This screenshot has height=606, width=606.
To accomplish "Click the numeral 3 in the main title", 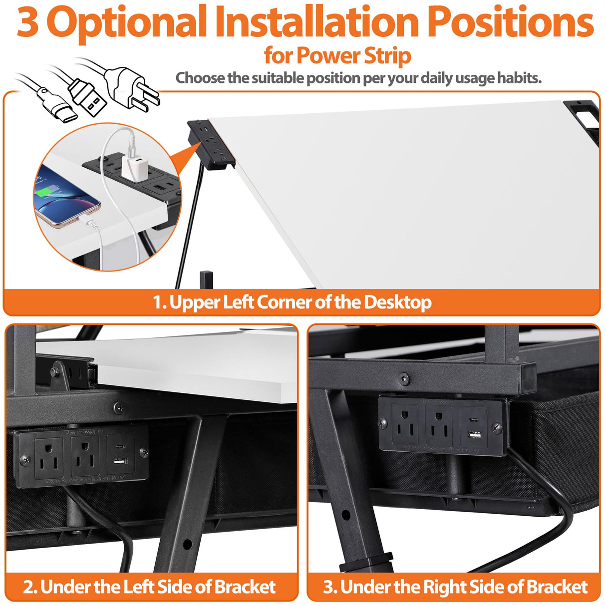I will (x=28, y=22).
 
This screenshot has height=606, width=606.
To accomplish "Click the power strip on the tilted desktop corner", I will (x=212, y=145).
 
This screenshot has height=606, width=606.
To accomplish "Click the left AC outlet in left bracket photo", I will (x=48, y=457).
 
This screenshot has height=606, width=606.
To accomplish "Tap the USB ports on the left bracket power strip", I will (x=120, y=454).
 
